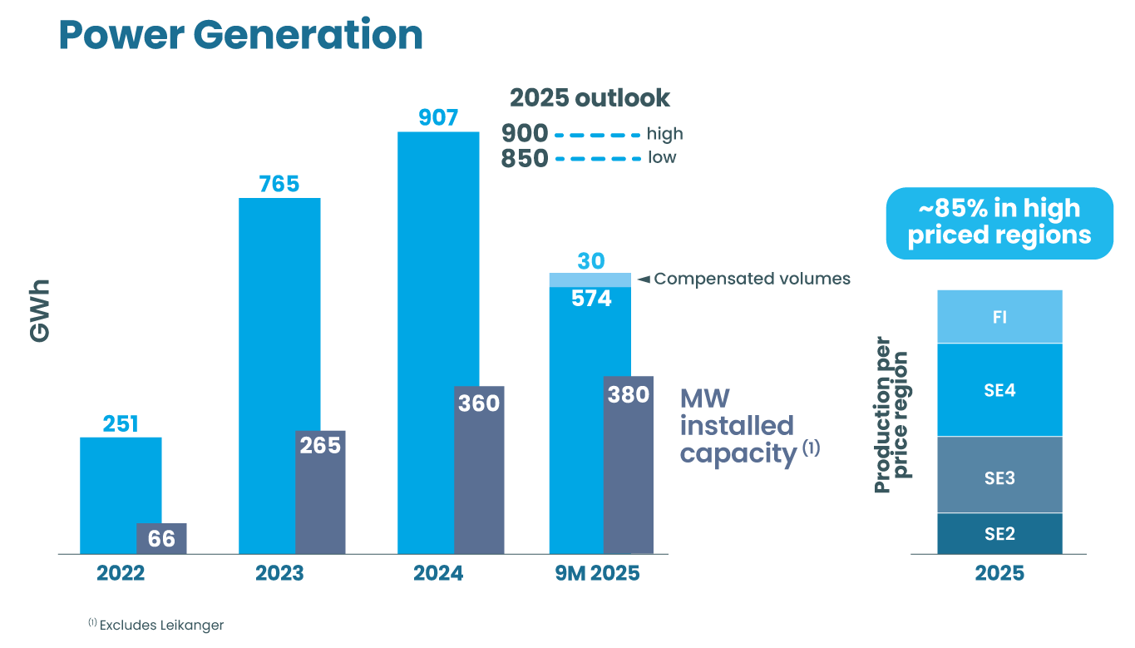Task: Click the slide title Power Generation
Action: coord(240,35)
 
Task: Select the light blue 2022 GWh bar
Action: coord(108,491)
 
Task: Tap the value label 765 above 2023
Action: coord(279,184)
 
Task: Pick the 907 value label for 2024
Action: coord(438,118)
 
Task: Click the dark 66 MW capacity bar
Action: coord(162,538)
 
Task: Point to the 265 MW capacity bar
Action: coord(321,491)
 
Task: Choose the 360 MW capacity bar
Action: coord(480,470)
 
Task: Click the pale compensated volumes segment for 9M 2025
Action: coord(590,279)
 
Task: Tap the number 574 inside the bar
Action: coord(591,298)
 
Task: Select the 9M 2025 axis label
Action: coord(596,574)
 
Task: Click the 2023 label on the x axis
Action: coord(279,574)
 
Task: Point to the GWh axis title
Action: coord(40,311)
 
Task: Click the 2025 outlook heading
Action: coord(590,97)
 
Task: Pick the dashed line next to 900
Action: coord(597,134)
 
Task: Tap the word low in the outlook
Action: coord(662,157)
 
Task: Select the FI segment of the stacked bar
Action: coord(999,317)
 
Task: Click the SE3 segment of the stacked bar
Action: coord(999,475)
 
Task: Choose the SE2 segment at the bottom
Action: coord(999,533)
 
